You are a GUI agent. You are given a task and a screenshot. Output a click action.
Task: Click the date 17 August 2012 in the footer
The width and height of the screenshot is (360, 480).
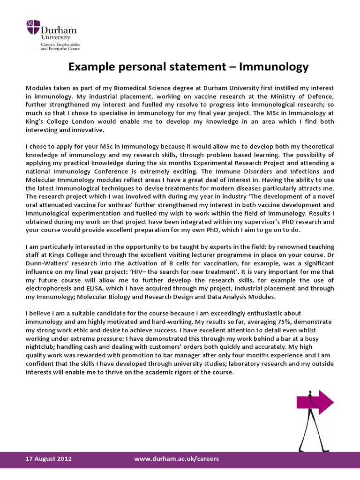point(48,458)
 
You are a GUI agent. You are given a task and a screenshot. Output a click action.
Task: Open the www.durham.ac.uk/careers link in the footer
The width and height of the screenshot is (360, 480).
point(177,458)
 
